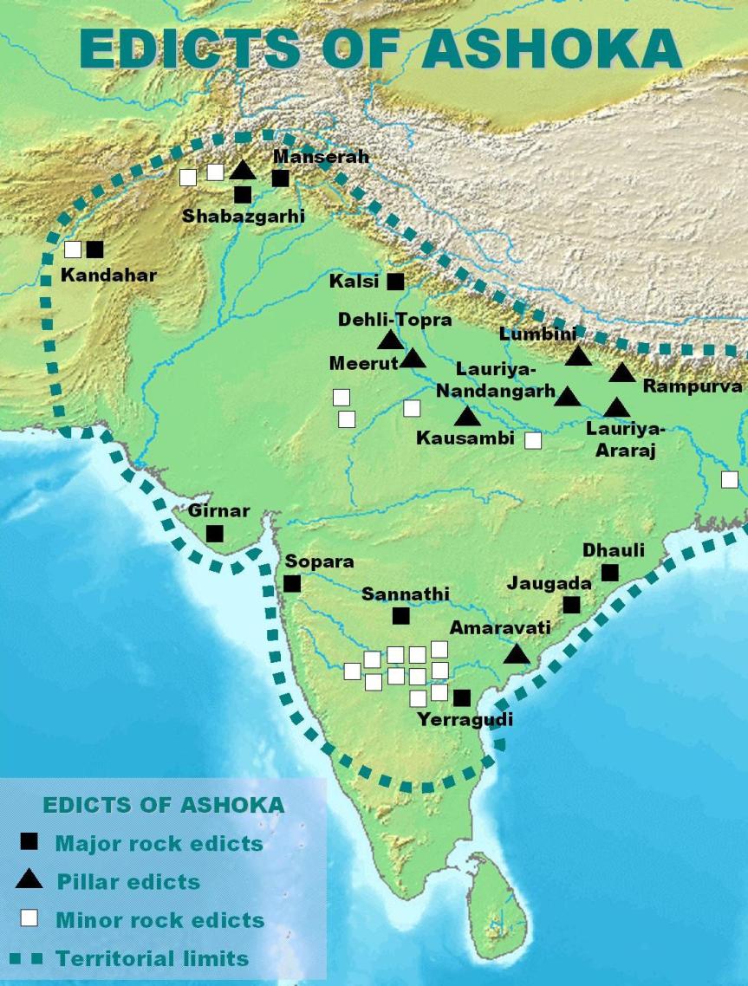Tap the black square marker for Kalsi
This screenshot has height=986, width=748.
click(395, 282)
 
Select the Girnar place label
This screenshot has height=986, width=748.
click(218, 511)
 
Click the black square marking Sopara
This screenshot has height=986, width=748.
click(292, 584)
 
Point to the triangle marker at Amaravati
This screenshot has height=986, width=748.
click(517, 654)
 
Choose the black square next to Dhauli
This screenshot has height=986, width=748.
click(609, 573)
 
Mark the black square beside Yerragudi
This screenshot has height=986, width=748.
click(462, 697)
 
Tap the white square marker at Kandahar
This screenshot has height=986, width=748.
click(74, 250)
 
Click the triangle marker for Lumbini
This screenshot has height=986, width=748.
click(578, 355)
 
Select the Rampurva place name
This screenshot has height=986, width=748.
click(693, 386)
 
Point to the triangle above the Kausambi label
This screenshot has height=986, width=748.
click(467, 417)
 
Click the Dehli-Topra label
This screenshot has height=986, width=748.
click(394, 320)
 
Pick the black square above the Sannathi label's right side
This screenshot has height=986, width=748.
click(400, 616)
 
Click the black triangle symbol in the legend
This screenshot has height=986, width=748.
click(29, 879)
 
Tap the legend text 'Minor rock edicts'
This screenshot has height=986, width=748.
click(159, 920)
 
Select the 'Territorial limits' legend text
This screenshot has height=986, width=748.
click(153, 958)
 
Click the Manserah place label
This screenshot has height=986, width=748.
click(321, 157)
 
